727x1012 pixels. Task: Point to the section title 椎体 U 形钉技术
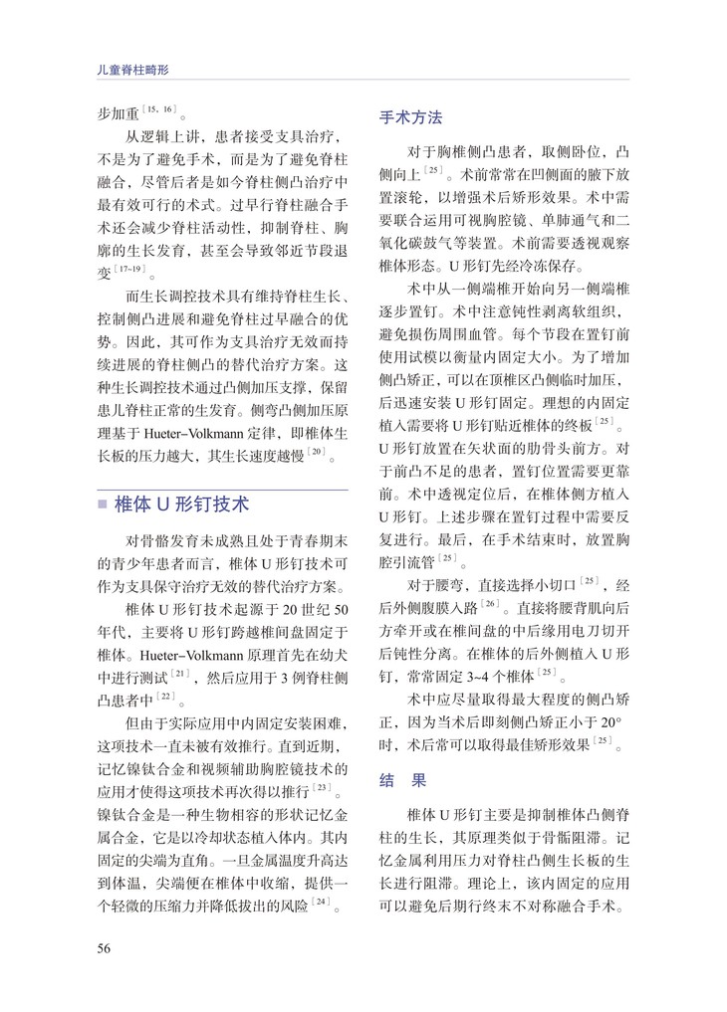[x=183, y=505]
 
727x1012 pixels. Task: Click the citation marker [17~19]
[x=134, y=271]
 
